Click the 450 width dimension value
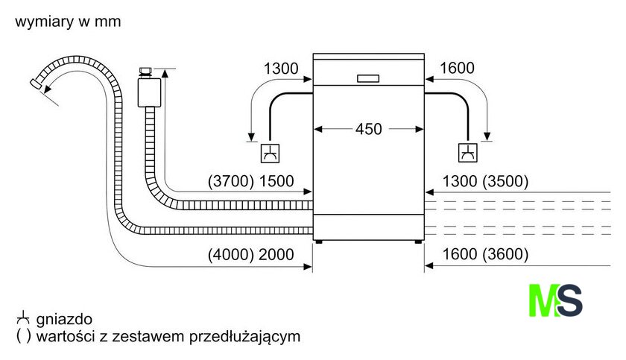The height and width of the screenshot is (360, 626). click(368, 129)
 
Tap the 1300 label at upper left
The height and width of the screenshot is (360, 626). click(281, 69)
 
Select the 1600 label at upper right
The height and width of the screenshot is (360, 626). click(457, 69)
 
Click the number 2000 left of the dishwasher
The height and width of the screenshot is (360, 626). click(276, 254)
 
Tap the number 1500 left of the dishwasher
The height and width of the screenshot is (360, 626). click(276, 181)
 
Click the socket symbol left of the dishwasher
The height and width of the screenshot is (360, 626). click(269, 153)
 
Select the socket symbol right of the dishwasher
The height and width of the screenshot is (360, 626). click(468, 153)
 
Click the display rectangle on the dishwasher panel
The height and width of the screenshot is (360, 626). click(368, 78)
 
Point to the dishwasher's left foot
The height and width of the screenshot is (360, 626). click(320, 241)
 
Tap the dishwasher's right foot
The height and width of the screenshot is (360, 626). click(417, 241)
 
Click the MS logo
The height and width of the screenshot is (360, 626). click(555, 300)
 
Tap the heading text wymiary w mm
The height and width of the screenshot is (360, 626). click(68, 22)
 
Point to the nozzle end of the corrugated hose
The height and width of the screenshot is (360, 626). click(36, 83)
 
